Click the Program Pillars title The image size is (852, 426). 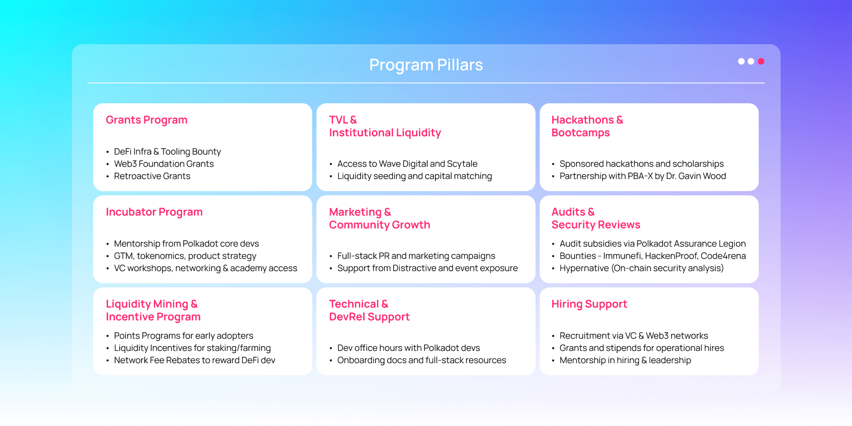point(426,65)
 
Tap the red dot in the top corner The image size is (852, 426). point(761,61)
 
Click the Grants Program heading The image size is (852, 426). point(146,120)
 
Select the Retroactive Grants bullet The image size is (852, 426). point(152,176)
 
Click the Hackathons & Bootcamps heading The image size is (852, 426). point(587,126)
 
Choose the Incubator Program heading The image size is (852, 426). point(154,212)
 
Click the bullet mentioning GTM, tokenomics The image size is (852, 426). point(185,256)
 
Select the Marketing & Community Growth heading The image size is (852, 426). point(379,218)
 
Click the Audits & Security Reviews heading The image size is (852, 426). point(595,218)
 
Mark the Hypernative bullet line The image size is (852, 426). point(641,268)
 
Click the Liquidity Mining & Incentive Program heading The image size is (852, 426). point(153,310)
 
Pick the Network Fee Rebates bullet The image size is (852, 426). point(194,361)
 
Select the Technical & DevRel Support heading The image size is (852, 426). point(369,310)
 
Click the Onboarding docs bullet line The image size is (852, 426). point(421,361)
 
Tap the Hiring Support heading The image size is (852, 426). point(589,304)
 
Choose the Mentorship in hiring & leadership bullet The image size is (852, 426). point(625,361)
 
